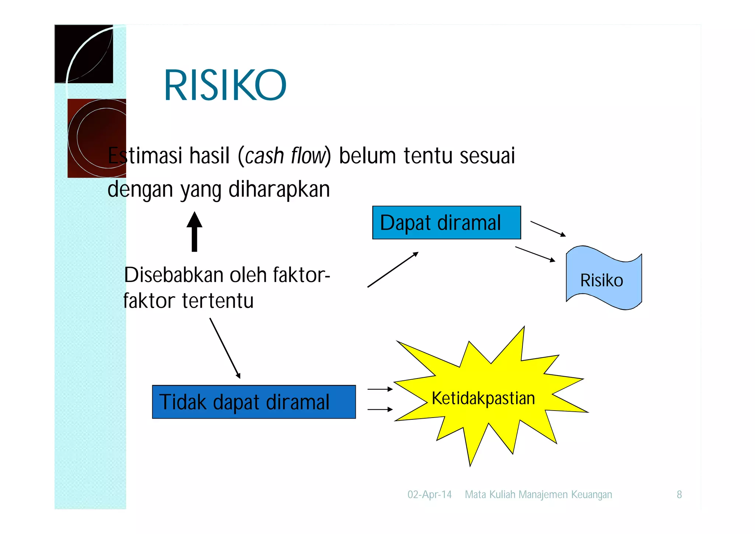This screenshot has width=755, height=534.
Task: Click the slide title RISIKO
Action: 225,85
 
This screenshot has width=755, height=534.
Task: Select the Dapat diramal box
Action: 446,223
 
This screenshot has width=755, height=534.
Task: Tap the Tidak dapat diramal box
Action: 254,402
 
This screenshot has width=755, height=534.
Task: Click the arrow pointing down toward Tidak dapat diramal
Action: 225,348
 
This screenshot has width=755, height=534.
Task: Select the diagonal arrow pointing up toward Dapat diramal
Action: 393,269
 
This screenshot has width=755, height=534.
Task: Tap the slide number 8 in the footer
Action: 679,494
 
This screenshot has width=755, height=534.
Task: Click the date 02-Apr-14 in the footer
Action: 429,494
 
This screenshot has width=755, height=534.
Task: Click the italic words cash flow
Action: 286,156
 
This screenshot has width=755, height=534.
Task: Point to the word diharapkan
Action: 279,189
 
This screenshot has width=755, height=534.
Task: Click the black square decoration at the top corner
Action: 84,54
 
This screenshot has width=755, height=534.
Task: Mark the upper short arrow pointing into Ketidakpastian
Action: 380,389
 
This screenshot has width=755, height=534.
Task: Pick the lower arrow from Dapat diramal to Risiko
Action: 535,254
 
